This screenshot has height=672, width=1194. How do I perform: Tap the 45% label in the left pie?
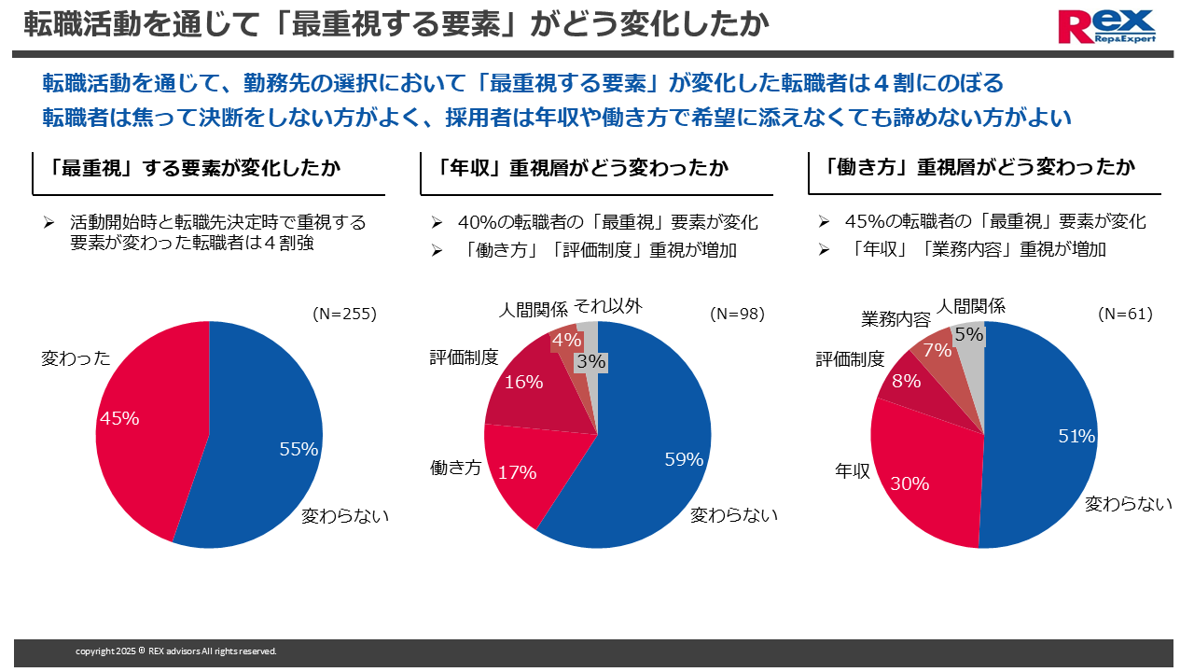coord(119,419)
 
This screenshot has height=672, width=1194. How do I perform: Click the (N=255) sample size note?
coord(344,315)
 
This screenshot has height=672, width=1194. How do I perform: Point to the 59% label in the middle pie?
coord(684,458)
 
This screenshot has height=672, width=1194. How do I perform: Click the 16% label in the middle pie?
coord(523,382)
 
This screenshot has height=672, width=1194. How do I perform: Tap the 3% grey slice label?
coord(590,361)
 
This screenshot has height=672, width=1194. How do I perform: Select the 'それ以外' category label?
coord(607,305)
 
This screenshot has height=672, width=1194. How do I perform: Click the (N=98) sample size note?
coord(736,315)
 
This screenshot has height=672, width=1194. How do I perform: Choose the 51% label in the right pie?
coord(1076,436)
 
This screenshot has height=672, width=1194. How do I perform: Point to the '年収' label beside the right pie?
coord(853,471)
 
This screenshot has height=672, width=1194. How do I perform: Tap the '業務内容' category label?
coord(895,320)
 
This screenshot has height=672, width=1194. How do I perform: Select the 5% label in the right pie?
coord(969,334)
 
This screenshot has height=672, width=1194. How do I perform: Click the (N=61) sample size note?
coord(1125,315)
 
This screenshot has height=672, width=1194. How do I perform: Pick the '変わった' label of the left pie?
coord(76,358)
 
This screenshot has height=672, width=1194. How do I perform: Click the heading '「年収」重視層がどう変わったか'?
coord(583,168)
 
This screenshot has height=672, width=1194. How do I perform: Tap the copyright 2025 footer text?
coord(175,651)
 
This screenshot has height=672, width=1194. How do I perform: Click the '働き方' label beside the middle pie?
coord(455,468)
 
